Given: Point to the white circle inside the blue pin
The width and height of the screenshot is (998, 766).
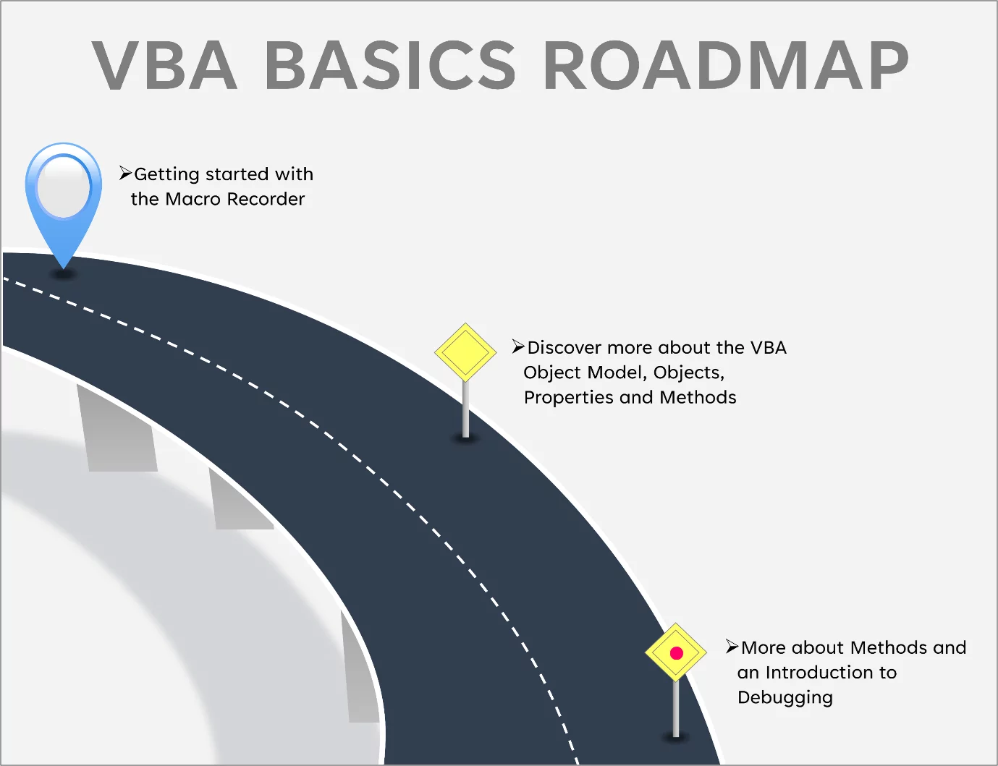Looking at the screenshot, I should coord(64,186).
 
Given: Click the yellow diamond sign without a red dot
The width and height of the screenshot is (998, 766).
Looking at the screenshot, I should coord(465,352).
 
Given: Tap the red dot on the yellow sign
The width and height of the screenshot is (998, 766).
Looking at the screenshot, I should coord(677,653).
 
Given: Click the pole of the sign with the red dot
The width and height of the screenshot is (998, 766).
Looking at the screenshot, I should coord(676,709).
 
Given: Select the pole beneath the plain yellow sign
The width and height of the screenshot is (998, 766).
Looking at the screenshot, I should coord(465,409).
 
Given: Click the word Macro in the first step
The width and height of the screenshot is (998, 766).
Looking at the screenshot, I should coord(193,199).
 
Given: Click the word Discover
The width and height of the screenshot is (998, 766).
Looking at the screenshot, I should coord(564,348).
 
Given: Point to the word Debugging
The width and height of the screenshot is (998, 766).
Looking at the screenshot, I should coord(785,698).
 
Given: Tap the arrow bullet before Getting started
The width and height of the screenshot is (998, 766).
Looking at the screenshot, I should coord(125,174).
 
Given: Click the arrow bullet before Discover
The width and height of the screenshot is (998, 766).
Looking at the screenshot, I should coord(518,346).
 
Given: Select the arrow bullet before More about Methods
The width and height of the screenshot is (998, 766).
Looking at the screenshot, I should coord(732,647).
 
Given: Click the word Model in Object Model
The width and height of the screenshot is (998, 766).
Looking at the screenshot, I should coord(614,373).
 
